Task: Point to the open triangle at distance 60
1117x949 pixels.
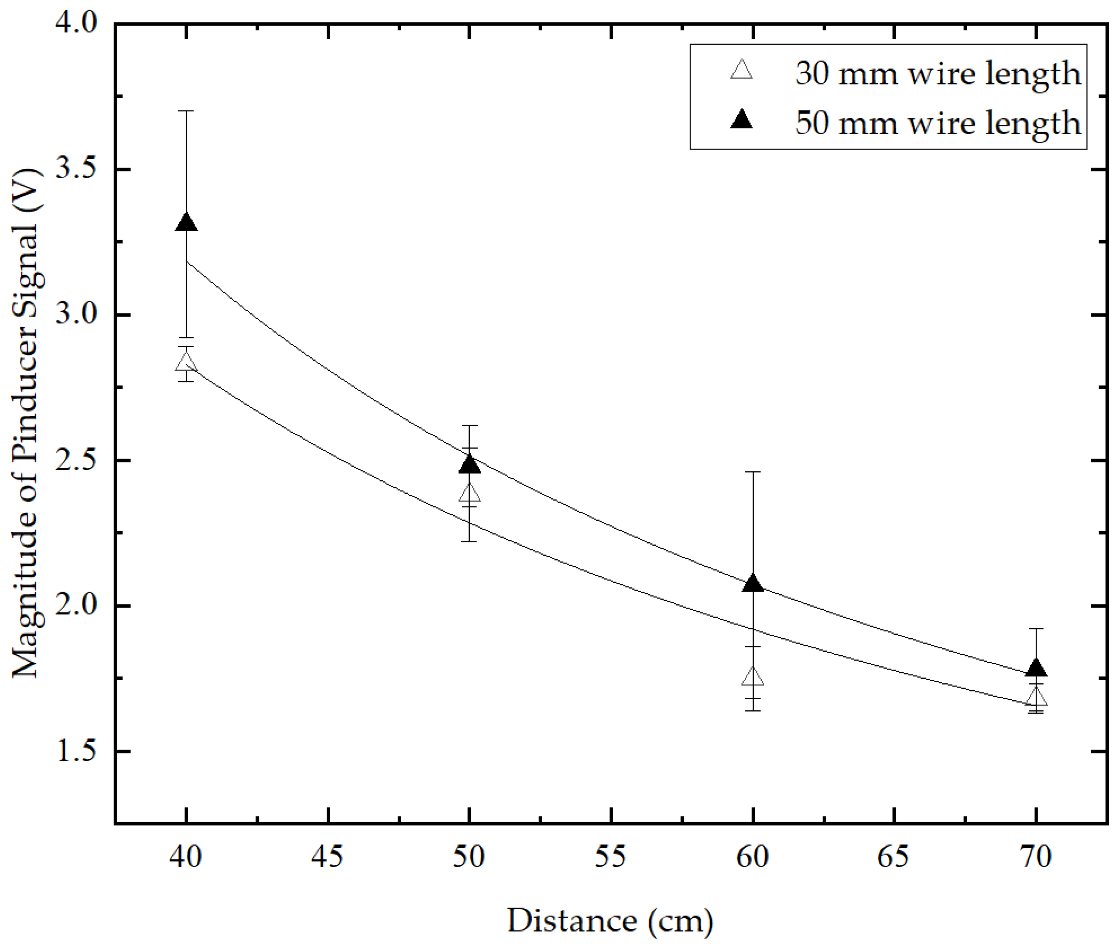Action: pos(753,678)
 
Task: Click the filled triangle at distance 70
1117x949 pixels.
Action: pos(1036,669)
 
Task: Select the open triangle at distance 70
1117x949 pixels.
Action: pos(1036,698)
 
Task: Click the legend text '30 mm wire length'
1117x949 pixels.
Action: pos(937,73)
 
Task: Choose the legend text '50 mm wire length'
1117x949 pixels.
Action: pos(937,122)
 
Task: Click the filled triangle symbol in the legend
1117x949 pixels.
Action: pos(741,120)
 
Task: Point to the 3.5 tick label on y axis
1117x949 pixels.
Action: pos(76,169)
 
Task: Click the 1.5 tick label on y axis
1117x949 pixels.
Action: pos(76,751)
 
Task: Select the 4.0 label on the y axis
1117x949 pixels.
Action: pos(76,24)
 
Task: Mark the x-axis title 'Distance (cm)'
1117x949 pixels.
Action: pos(610,920)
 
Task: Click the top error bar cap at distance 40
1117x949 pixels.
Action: pos(186,111)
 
